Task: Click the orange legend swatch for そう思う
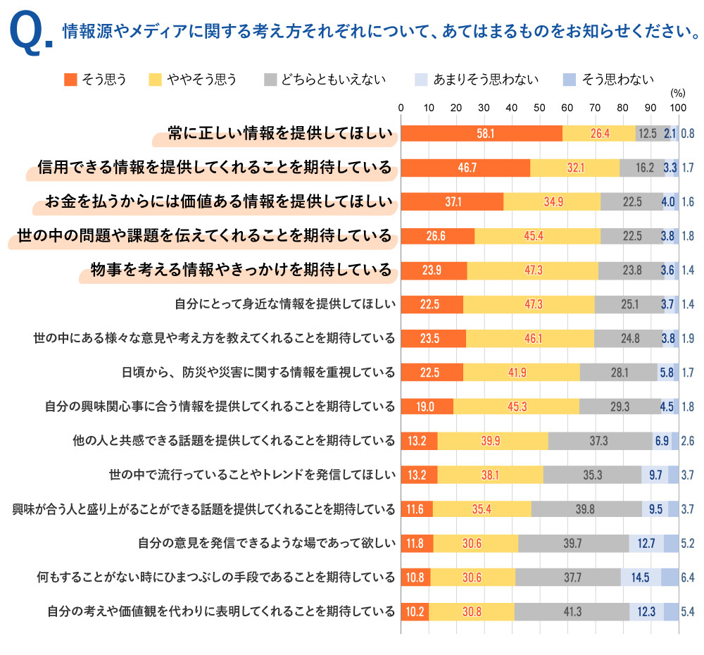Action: pos(70,79)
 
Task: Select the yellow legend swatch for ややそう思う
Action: pos(155,79)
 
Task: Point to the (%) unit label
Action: pos(677,92)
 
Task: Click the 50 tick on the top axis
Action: pos(539,108)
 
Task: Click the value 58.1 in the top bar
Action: pos(485,133)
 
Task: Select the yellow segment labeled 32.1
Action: pos(575,167)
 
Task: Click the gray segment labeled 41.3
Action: pos(572,611)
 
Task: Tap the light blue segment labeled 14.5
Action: pos(640,578)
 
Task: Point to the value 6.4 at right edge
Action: pos(688,578)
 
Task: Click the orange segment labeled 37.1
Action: pos(453,201)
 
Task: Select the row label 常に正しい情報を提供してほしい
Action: pos(280,133)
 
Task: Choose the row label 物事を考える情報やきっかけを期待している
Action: pos(241,269)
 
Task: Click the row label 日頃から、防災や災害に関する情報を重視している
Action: pos(258,372)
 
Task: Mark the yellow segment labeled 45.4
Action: pos(536,235)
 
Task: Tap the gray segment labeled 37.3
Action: pos(599,440)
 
